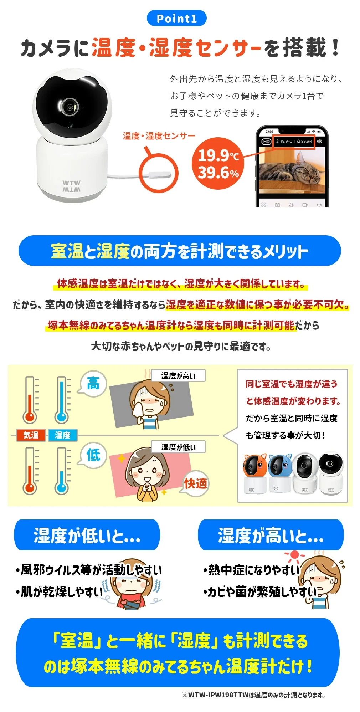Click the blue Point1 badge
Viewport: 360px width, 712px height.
[176, 19]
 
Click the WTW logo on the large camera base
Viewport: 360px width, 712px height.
[71, 186]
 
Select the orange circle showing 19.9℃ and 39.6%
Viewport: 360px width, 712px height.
[218, 164]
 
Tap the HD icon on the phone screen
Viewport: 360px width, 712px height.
[266, 142]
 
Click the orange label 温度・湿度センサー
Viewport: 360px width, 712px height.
[159, 136]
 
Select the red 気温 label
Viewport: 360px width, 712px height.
[31, 435]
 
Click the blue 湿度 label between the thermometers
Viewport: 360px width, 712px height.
[62, 435]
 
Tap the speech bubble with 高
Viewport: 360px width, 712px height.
[93, 384]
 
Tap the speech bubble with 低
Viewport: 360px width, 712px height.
[93, 455]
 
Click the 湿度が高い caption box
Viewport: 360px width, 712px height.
[178, 375]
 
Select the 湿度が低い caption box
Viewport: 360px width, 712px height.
[178, 447]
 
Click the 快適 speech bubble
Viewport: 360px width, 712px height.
[195, 483]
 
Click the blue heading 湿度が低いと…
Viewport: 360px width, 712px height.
[87, 535]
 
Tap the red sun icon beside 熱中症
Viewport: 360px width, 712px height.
[294, 555]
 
